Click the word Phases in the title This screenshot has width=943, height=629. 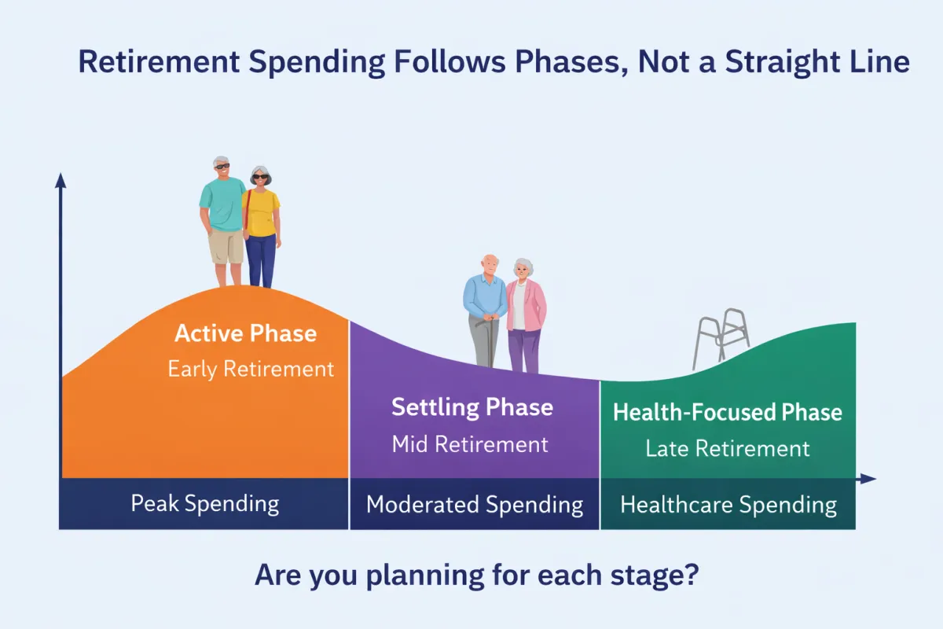point(549,62)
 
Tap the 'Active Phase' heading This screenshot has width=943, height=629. point(245,333)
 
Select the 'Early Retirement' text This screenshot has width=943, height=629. point(251,369)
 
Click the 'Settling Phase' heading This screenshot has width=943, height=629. point(472,407)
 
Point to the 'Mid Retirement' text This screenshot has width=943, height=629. point(470,444)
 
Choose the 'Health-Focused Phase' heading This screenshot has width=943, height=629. point(727,412)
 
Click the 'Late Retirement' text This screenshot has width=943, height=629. point(727,449)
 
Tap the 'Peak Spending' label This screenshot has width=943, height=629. point(204,503)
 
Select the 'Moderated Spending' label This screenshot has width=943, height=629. point(475,505)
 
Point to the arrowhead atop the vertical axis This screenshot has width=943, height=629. point(61,181)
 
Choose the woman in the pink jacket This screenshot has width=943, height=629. point(524,314)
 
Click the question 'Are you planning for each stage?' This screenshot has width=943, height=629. point(476,576)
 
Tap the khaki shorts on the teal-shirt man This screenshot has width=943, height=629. point(226,247)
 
